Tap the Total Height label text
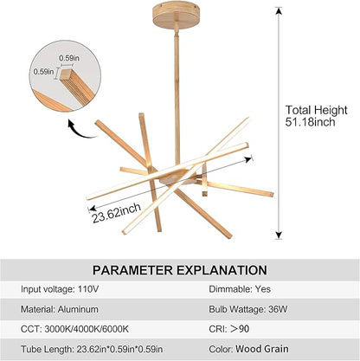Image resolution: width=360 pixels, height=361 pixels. (317, 110)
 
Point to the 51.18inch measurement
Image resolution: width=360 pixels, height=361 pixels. (311, 122)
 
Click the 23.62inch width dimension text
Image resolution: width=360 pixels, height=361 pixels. (117, 213)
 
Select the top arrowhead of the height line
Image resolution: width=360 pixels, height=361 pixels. (279, 10)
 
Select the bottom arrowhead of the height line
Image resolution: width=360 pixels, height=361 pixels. (279, 235)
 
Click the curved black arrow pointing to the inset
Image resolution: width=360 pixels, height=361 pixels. (80, 130)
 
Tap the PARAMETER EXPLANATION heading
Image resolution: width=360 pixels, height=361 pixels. (180, 270)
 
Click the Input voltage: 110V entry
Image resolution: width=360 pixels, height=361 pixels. (60, 289)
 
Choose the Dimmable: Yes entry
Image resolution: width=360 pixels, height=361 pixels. (240, 289)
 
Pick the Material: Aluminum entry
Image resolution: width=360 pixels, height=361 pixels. (60, 309)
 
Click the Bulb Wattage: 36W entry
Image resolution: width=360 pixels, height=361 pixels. (248, 309)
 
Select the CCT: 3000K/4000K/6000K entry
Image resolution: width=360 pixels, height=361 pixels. (74, 329)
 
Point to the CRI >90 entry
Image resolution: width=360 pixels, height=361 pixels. (229, 329)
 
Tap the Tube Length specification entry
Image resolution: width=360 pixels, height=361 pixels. (92, 349)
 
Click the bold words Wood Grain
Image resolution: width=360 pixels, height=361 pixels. (262, 349)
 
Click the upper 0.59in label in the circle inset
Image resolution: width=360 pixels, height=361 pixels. (69, 58)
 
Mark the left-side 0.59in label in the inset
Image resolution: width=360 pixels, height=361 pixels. (43, 72)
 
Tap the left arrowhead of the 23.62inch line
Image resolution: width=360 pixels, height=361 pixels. (93, 209)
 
